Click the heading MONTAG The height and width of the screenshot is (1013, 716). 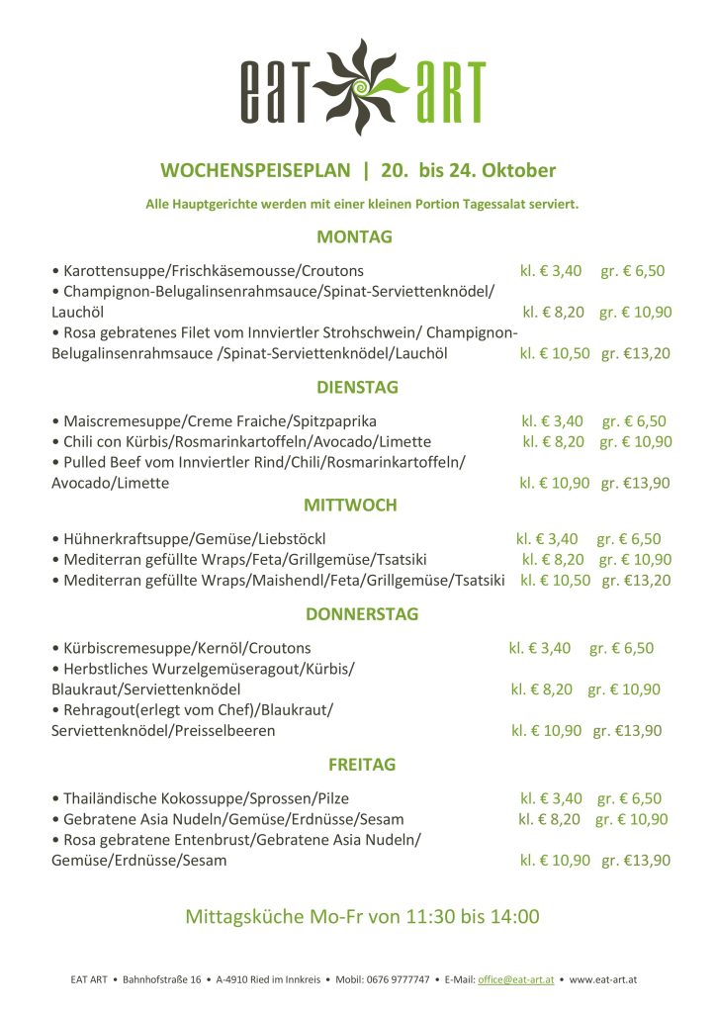pos(354,237)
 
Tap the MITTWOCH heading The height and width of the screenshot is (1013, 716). pos(350,506)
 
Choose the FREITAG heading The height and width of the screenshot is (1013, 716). pos(361,765)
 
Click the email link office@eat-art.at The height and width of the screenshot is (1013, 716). pos(516,979)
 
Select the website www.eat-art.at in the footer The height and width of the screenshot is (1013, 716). pos(602,979)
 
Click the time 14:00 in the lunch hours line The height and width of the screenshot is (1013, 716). pos(514,917)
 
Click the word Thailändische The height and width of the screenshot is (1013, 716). pos(115,798)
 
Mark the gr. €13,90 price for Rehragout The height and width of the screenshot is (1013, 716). pos(627,731)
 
